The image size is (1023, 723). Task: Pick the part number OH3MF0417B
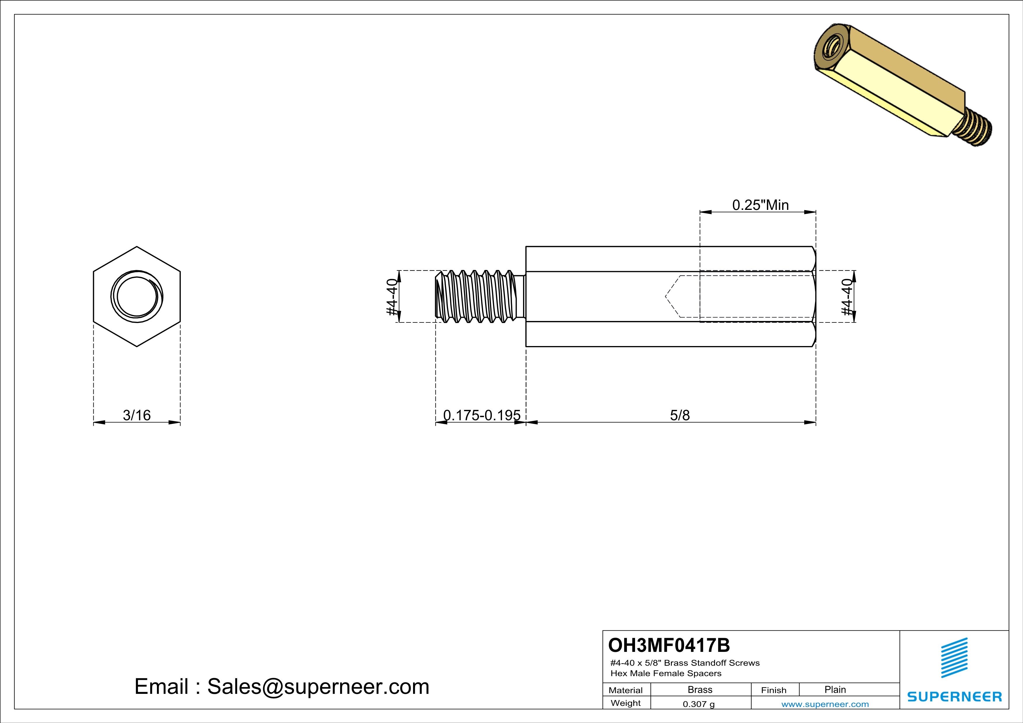(669, 645)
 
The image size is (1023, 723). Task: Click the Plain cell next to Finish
(835, 689)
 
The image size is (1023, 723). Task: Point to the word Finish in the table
(774, 690)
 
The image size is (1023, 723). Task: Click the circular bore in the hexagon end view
(137, 296)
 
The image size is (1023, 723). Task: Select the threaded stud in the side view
(479, 296)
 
